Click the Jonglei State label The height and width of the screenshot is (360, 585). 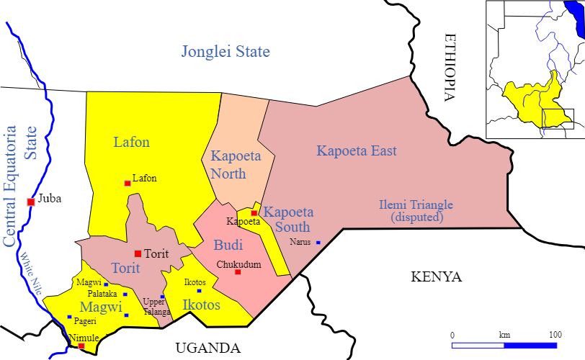coord(225,52)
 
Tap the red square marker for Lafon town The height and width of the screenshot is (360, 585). coord(128,184)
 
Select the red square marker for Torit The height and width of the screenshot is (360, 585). coord(138,253)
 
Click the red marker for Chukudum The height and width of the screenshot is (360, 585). coord(238,271)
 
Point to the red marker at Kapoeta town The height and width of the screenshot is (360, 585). coord(254,213)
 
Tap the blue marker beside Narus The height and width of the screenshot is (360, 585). coord(318,243)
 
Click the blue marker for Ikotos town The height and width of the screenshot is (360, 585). coord(200,291)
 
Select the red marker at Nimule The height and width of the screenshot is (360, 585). coord(81,346)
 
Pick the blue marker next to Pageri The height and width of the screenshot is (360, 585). coord(69,317)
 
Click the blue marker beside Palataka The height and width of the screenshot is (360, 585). coord(125,294)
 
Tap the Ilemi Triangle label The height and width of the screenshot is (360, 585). coord(416,210)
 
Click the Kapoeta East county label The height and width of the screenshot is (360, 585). coord(357,151)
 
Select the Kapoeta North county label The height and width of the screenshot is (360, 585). coord(228,165)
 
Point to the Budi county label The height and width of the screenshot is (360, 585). coord(228,245)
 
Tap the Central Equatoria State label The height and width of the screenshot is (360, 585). coord(19,186)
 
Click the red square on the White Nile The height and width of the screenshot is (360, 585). coord(31,202)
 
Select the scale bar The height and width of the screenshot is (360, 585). coord(504,346)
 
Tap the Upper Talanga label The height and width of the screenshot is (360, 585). coord(156,307)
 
